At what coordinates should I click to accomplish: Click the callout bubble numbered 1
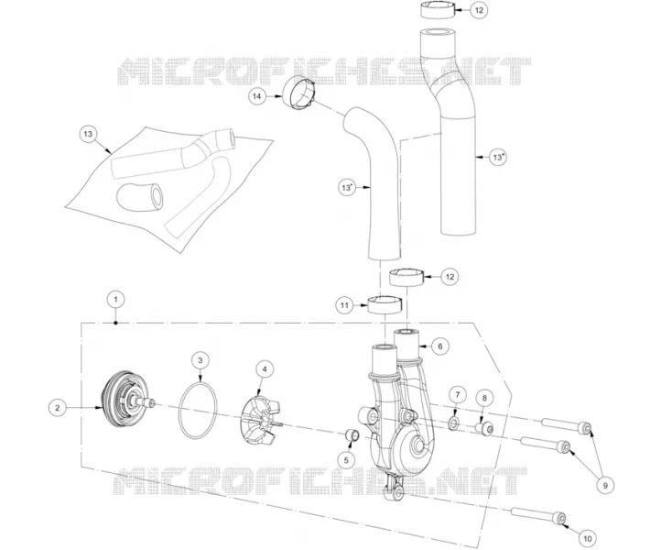(x=115, y=300)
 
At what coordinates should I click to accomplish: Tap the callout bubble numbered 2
(x=58, y=408)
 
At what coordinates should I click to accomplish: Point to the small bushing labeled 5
(x=352, y=435)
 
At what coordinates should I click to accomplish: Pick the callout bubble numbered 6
(x=440, y=346)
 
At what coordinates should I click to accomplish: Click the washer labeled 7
(x=453, y=424)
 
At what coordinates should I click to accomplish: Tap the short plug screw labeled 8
(x=484, y=427)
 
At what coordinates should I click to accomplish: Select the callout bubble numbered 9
(x=605, y=486)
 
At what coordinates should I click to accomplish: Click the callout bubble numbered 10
(x=588, y=538)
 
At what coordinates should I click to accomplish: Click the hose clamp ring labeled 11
(x=385, y=303)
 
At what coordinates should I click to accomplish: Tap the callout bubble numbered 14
(x=256, y=96)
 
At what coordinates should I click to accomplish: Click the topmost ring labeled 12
(x=438, y=10)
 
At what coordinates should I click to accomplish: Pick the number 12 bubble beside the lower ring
(x=450, y=277)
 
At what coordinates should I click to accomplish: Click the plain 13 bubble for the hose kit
(x=88, y=134)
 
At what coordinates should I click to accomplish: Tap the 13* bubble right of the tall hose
(x=497, y=158)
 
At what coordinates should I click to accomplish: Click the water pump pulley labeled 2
(x=125, y=403)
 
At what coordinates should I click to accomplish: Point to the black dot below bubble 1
(x=115, y=323)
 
